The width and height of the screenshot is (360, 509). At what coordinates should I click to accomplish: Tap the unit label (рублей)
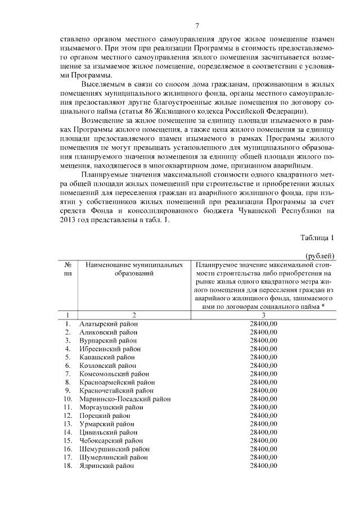click(319, 256)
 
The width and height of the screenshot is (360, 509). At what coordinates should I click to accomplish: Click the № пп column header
click(67, 268)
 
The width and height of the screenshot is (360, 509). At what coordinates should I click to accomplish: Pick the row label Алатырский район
click(109, 324)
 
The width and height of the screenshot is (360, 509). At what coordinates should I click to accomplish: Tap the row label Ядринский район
click(107, 466)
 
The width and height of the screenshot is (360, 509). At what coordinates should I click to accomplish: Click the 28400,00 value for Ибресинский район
click(264, 349)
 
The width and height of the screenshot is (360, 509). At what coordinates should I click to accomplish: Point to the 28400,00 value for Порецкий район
click(264, 416)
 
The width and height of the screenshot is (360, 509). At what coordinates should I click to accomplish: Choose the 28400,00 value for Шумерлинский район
click(264, 457)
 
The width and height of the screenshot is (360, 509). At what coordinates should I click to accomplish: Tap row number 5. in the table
click(67, 357)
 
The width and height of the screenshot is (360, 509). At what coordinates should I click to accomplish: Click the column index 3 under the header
click(264, 315)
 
